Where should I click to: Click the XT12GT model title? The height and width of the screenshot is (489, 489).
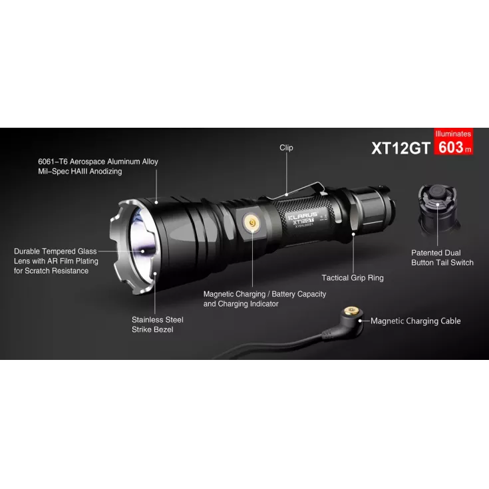(x=401, y=148)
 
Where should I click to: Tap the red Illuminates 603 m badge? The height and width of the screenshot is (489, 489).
(x=453, y=142)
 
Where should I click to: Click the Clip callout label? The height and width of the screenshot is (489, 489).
(x=286, y=148)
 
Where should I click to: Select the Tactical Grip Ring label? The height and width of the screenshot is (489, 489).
(x=353, y=277)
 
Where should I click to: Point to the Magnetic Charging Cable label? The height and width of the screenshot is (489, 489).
(x=415, y=321)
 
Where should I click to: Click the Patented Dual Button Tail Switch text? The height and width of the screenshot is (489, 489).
(x=442, y=257)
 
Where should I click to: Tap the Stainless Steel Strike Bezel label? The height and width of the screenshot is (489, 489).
(x=157, y=325)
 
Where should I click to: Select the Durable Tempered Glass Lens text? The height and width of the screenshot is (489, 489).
(x=56, y=261)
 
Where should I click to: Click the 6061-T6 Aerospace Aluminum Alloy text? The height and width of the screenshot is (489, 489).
(x=98, y=162)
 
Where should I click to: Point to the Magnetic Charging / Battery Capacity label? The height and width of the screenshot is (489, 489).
(x=264, y=299)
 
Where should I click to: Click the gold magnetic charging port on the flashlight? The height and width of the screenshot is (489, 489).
(x=252, y=224)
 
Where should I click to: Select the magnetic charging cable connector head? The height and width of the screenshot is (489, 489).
(x=352, y=317)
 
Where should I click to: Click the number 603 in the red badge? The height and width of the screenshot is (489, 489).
(x=450, y=147)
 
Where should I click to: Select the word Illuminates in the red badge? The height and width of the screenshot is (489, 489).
(x=453, y=134)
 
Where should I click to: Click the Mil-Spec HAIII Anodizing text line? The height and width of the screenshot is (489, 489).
(x=80, y=172)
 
